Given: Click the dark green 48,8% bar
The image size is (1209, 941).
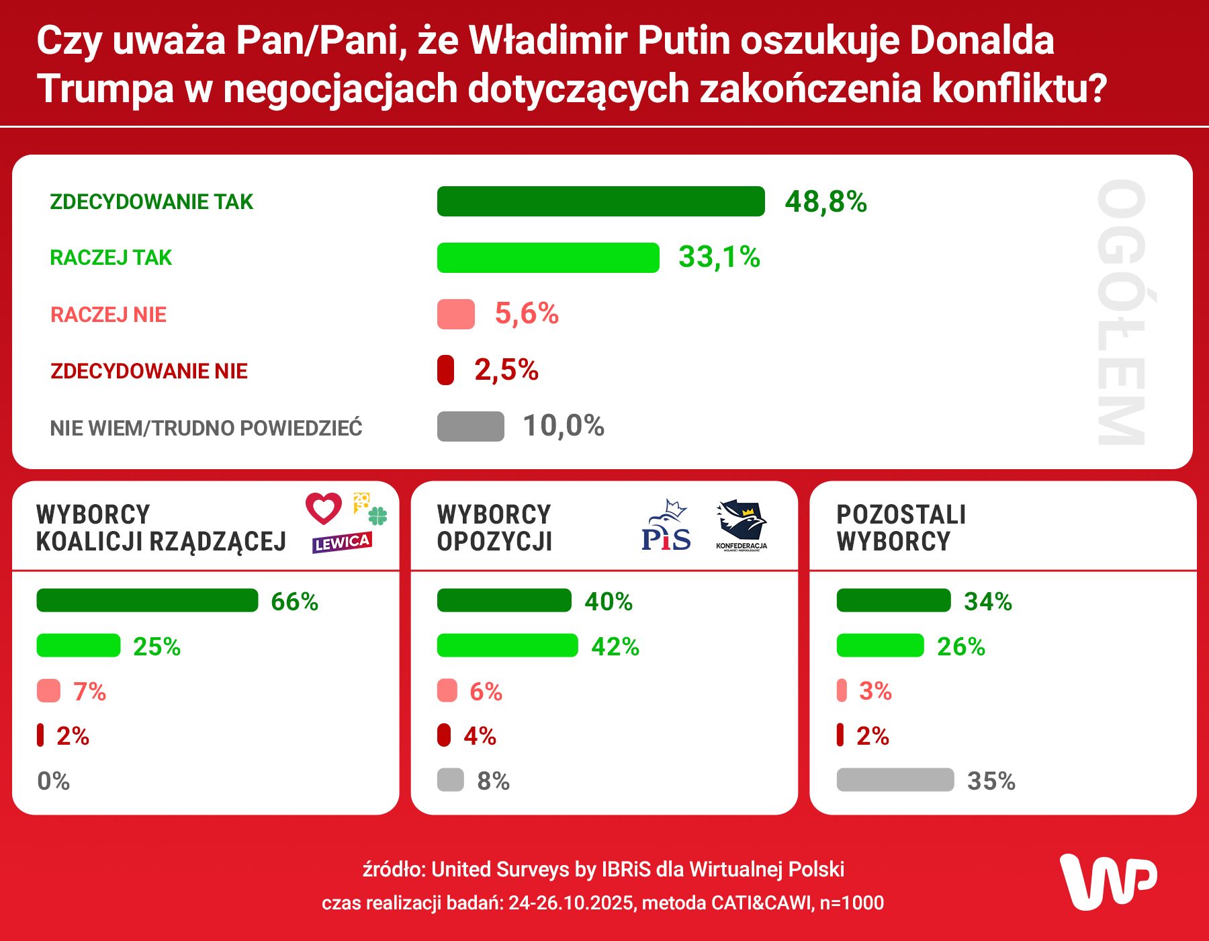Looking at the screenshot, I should coord(600,202).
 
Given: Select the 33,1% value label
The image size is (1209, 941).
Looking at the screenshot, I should coord(719,257).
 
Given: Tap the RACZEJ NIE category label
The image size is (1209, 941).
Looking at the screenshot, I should coord(108,315).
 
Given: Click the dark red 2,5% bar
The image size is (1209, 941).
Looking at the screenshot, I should coord(445,370).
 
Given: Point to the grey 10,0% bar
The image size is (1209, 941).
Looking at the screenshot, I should coord(470,426).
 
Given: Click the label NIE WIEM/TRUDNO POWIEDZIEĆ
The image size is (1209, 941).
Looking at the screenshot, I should coord(206,428).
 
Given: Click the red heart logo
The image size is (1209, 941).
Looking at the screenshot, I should coord(324,509).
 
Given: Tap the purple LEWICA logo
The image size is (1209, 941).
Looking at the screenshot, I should coord(341,542).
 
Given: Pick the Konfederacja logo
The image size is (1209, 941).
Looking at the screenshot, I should coord(742,525).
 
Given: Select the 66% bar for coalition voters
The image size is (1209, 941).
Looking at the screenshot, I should coord(147,600).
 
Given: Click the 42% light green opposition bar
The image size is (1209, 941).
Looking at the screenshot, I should coord(507,645).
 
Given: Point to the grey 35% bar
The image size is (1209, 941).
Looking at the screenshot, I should coord(895,780).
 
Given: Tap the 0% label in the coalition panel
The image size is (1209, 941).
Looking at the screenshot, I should coord(54,781).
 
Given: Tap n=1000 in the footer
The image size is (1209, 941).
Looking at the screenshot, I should coord(852,903).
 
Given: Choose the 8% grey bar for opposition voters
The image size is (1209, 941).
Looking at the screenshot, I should coord(450,780).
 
